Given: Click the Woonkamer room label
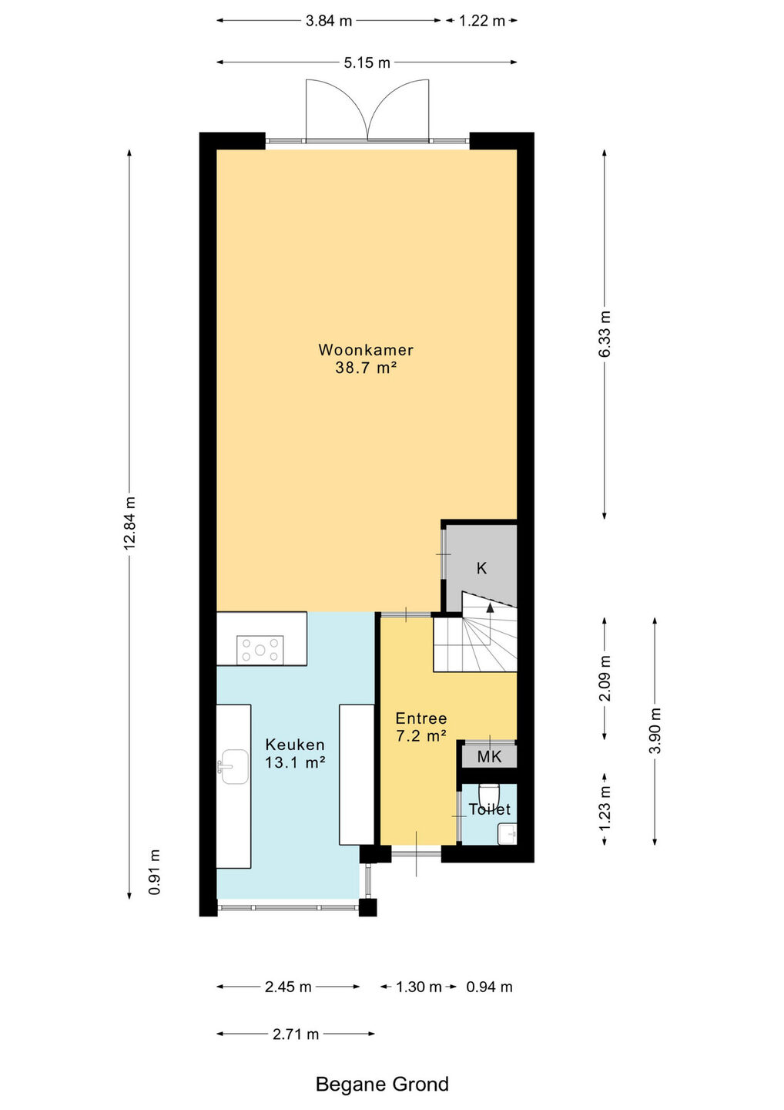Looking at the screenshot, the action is point(366,350).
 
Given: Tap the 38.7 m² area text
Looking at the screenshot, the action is point(367,368).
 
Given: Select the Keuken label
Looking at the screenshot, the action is point(295,745).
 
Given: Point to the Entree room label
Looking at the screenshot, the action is point(421,718).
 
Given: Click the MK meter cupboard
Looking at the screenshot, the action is point(489,757).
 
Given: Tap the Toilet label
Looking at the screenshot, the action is point(490,809).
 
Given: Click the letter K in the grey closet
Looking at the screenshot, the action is point(481,568).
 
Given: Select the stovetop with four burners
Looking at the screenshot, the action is point(260,650).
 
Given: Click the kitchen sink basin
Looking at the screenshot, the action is point(235,766).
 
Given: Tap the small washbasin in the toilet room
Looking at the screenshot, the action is point(508,834).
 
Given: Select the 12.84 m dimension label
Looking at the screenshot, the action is point(129,523).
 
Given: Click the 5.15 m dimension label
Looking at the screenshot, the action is point(367,62).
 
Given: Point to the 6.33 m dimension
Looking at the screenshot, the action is point(605,334).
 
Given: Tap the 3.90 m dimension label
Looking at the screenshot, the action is point(655,731).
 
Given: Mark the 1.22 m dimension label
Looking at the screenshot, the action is point(482,21).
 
